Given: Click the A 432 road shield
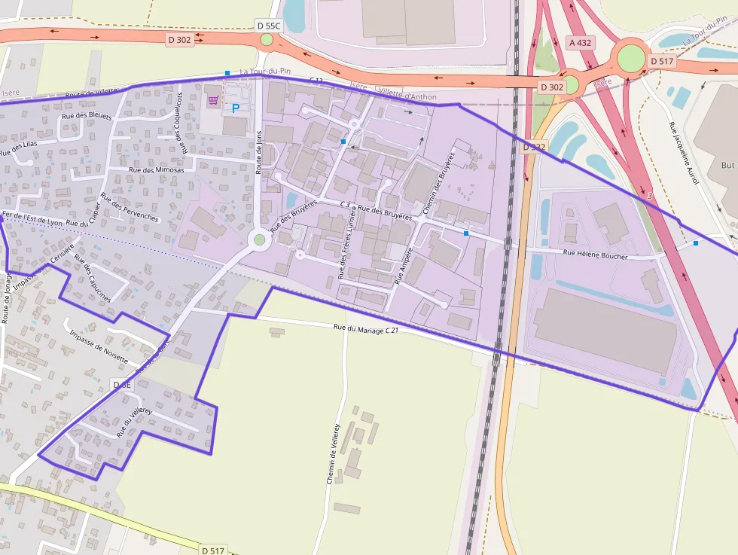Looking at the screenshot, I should pyautogui.click(x=580, y=43).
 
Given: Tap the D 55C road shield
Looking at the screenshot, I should pyautogui.click(x=268, y=26).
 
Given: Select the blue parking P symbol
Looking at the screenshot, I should pyautogui.click(x=235, y=108).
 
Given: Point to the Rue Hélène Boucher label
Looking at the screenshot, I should pyautogui.click(x=595, y=255).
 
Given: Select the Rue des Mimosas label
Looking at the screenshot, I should pyautogui.click(x=157, y=170).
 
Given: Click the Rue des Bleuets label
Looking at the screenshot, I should pyautogui.click(x=87, y=116).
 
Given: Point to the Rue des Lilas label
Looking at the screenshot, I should pyautogui.click(x=19, y=143).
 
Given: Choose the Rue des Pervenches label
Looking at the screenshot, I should pyautogui.click(x=130, y=207).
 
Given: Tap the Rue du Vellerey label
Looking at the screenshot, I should pyautogui.click(x=134, y=422).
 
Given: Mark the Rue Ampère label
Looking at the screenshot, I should pyautogui.click(x=404, y=265).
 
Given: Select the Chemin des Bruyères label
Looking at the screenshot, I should pyautogui.click(x=441, y=181).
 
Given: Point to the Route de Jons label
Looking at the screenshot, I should pyautogui.click(x=259, y=153).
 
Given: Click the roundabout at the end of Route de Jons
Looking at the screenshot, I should pyautogui.click(x=260, y=239).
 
